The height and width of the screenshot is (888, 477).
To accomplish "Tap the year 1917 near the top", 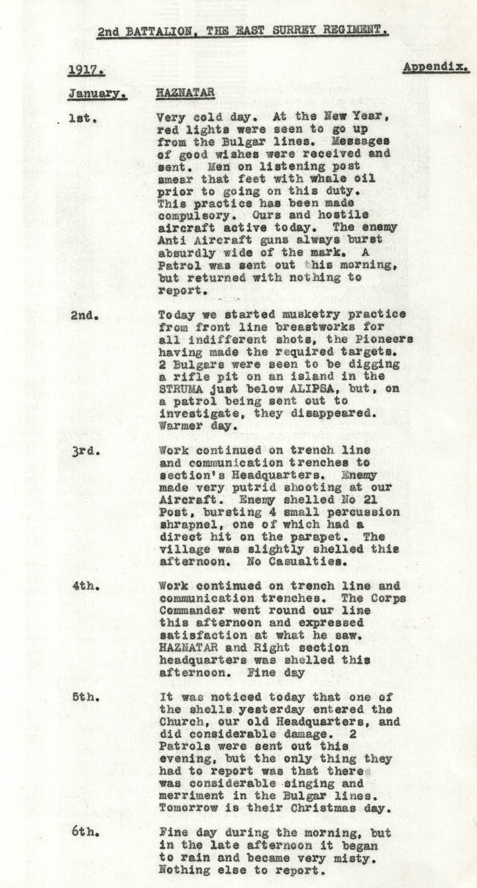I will [x=86, y=70].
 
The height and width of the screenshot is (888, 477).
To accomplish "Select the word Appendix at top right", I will [x=435, y=67].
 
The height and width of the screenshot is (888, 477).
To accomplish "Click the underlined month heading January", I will [x=97, y=94].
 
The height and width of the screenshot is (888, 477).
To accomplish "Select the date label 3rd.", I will [x=86, y=450].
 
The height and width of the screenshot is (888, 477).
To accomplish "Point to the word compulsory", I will [x=191, y=215].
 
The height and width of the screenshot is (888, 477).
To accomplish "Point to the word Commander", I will [x=191, y=611].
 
